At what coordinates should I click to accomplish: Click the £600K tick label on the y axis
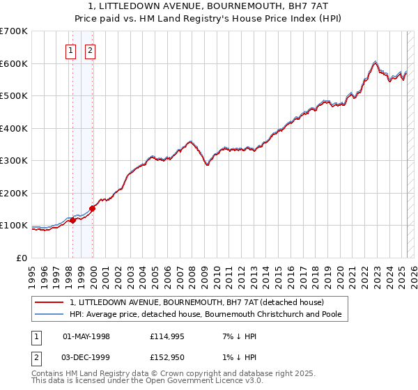(x=13, y=63)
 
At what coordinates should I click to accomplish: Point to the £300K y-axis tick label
(x=13, y=161)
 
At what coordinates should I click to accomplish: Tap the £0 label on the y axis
(x=21, y=258)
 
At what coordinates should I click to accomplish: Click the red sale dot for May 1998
(x=72, y=221)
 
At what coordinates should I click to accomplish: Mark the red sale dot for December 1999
(x=92, y=208)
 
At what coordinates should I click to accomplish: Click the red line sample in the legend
(x=49, y=303)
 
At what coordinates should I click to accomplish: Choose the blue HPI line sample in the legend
(x=49, y=315)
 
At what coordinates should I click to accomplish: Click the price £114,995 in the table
(x=165, y=337)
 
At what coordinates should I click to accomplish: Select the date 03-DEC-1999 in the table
(x=86, y=358)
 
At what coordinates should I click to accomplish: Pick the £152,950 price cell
(x=165, y=358)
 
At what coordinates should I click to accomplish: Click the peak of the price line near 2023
(x=375, y=61)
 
